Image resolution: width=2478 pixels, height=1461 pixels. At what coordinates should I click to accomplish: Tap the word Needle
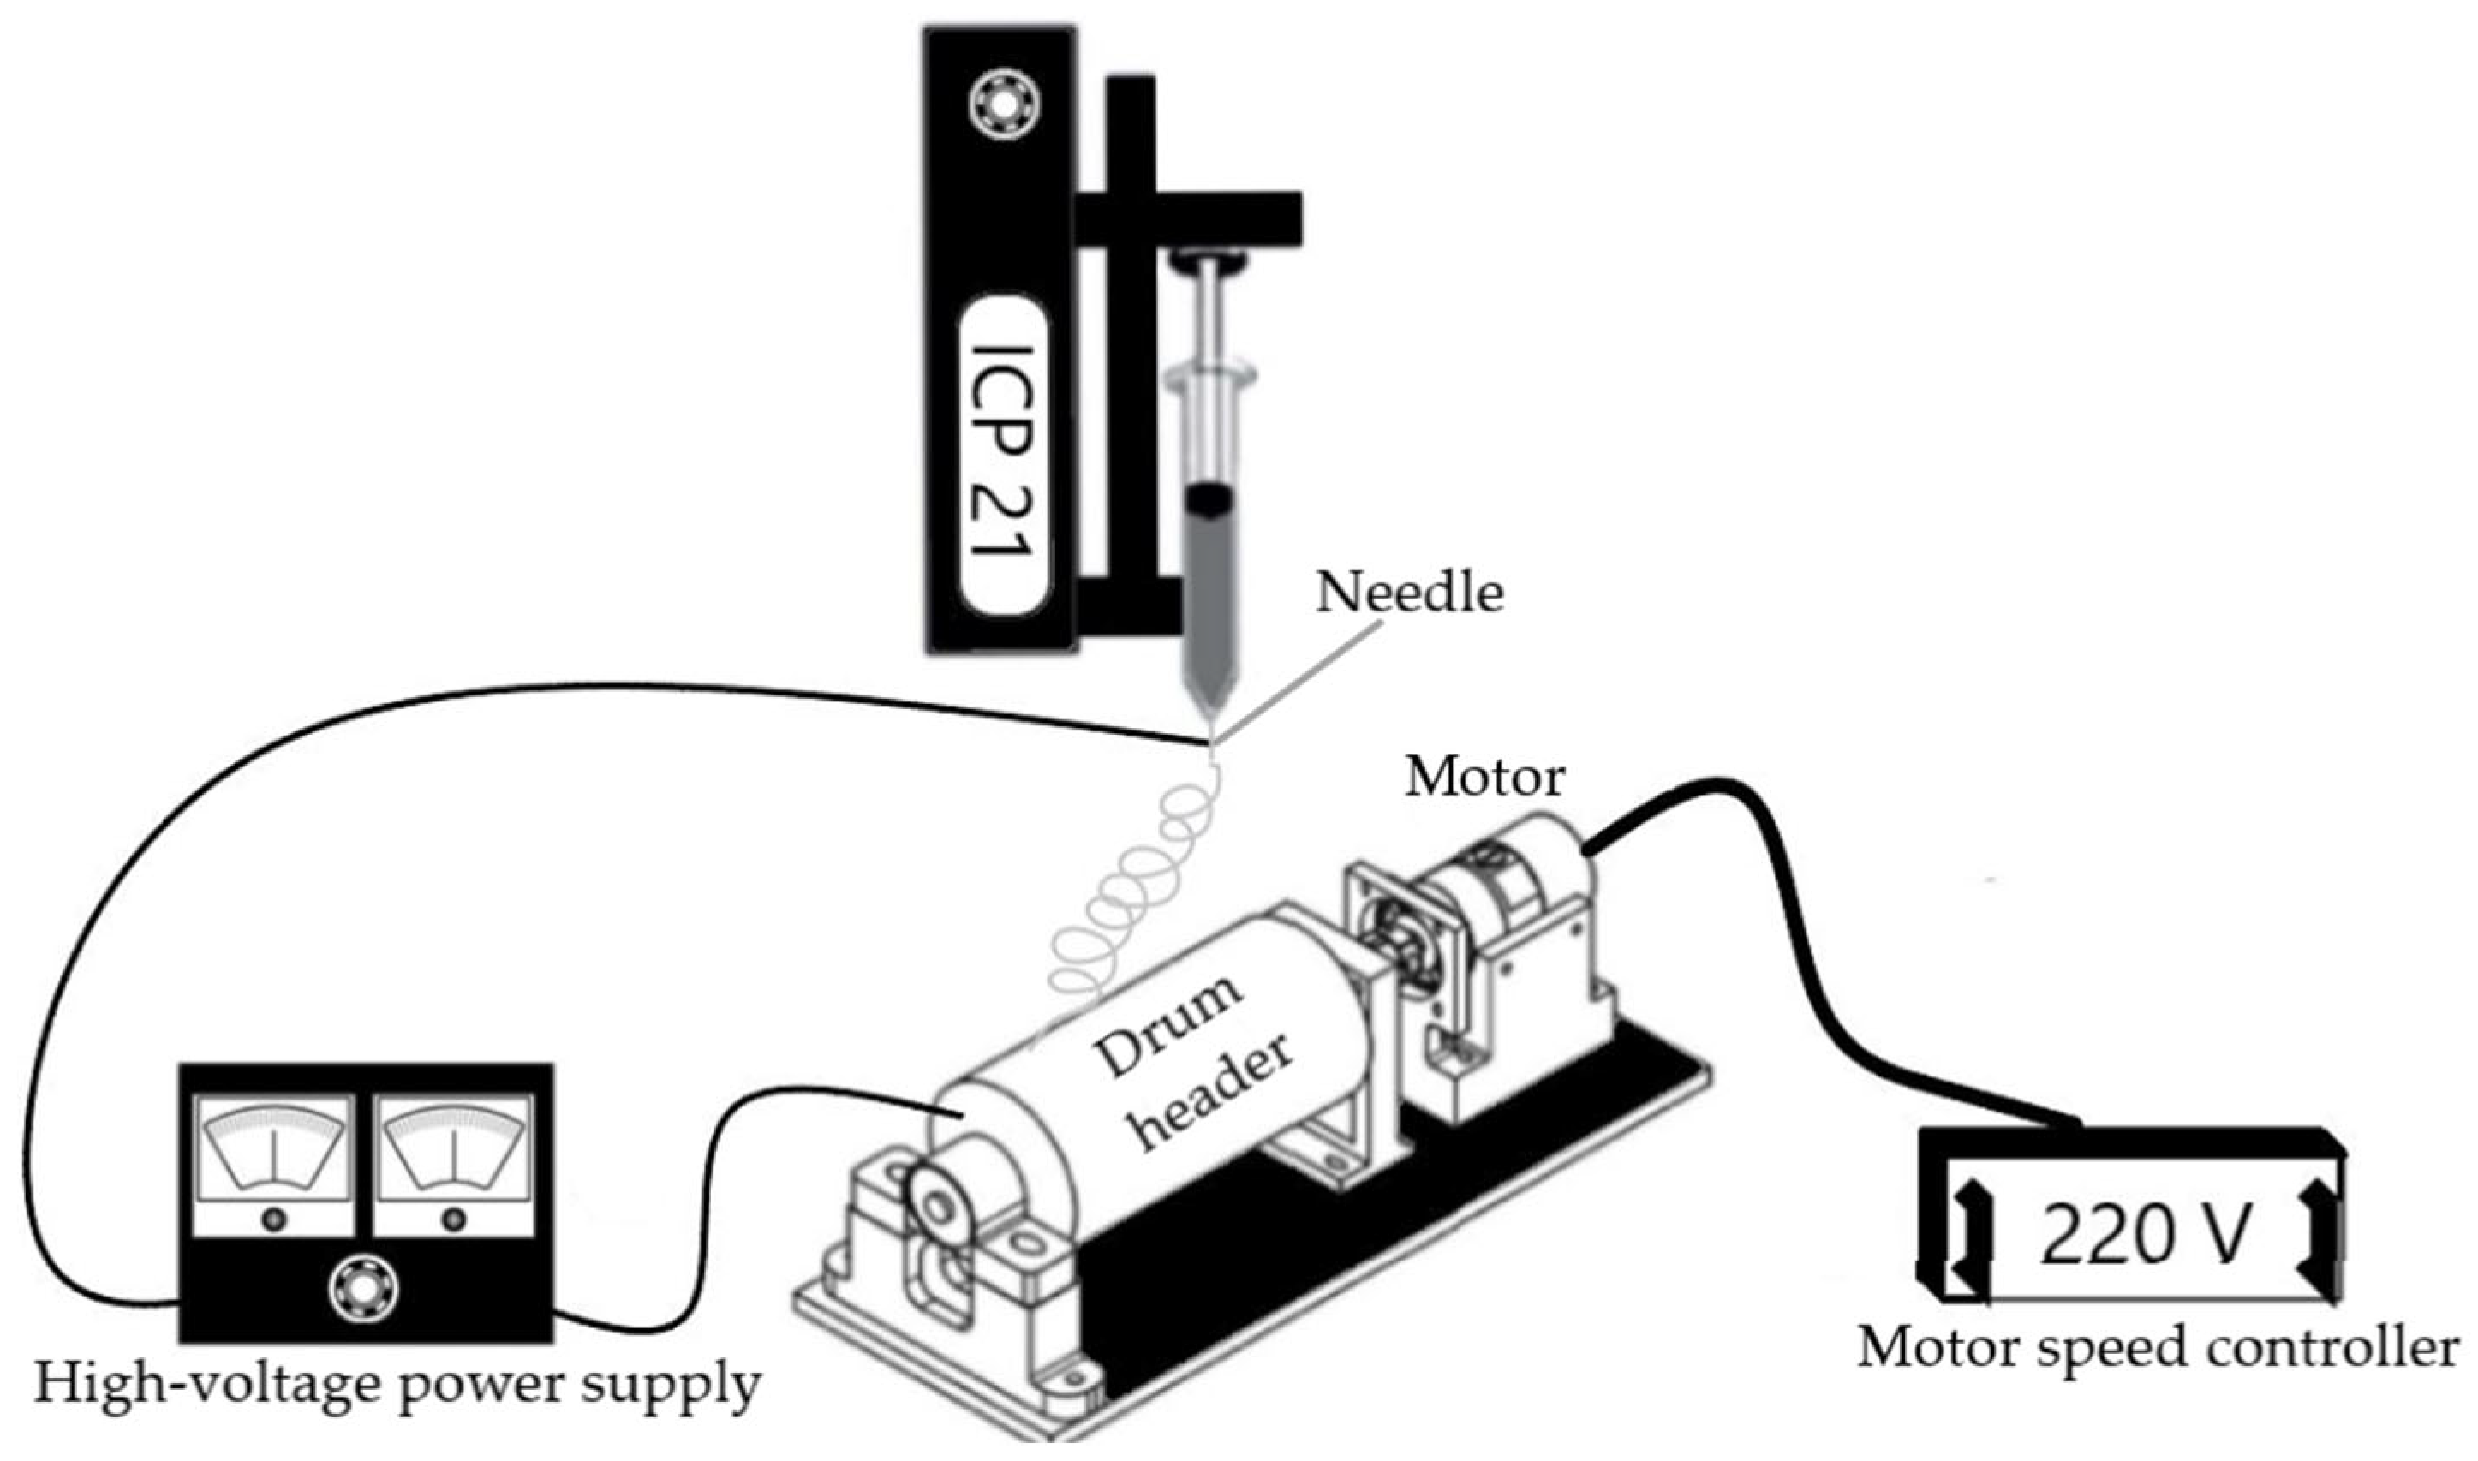coord(1409,593)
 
